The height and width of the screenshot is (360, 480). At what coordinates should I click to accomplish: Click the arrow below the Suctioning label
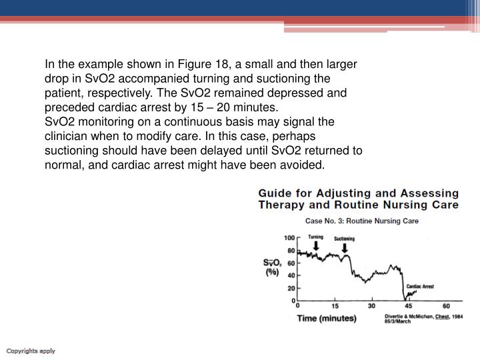(x=345, y=248)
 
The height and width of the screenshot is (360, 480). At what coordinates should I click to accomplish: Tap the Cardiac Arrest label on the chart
(x=420, y=286)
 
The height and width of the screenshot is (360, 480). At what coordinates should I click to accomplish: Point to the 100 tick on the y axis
(x=290, y=238)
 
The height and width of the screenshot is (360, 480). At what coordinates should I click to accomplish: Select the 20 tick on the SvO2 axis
(x=291, y=288)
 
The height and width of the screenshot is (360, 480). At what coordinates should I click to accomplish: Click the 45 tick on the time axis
(x=409, y=307)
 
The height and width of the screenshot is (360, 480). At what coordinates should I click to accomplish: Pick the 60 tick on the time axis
(x=445, y=307)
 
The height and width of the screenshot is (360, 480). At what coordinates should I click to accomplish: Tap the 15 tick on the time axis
(x=335, y=307)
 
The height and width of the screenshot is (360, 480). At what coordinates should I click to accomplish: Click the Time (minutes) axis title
(x=327, y=319)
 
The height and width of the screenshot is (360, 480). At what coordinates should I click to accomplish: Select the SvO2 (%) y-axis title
(x=271, y=268)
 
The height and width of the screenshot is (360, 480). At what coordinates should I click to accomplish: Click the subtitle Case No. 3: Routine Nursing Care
(x=361, y=221)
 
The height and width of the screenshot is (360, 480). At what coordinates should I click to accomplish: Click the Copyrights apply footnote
(x=31, y=351)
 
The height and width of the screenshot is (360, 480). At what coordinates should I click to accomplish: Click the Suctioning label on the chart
(x=345, y=239)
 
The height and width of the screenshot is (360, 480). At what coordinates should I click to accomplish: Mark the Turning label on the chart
(x=316, y=237)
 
